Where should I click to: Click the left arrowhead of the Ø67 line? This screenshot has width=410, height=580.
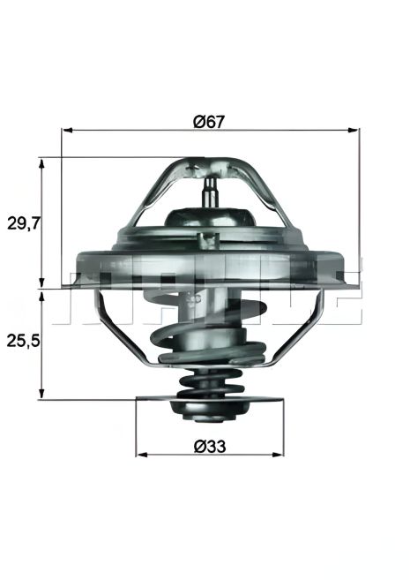[66, 131]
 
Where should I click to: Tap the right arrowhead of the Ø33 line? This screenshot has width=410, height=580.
[280, 456]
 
